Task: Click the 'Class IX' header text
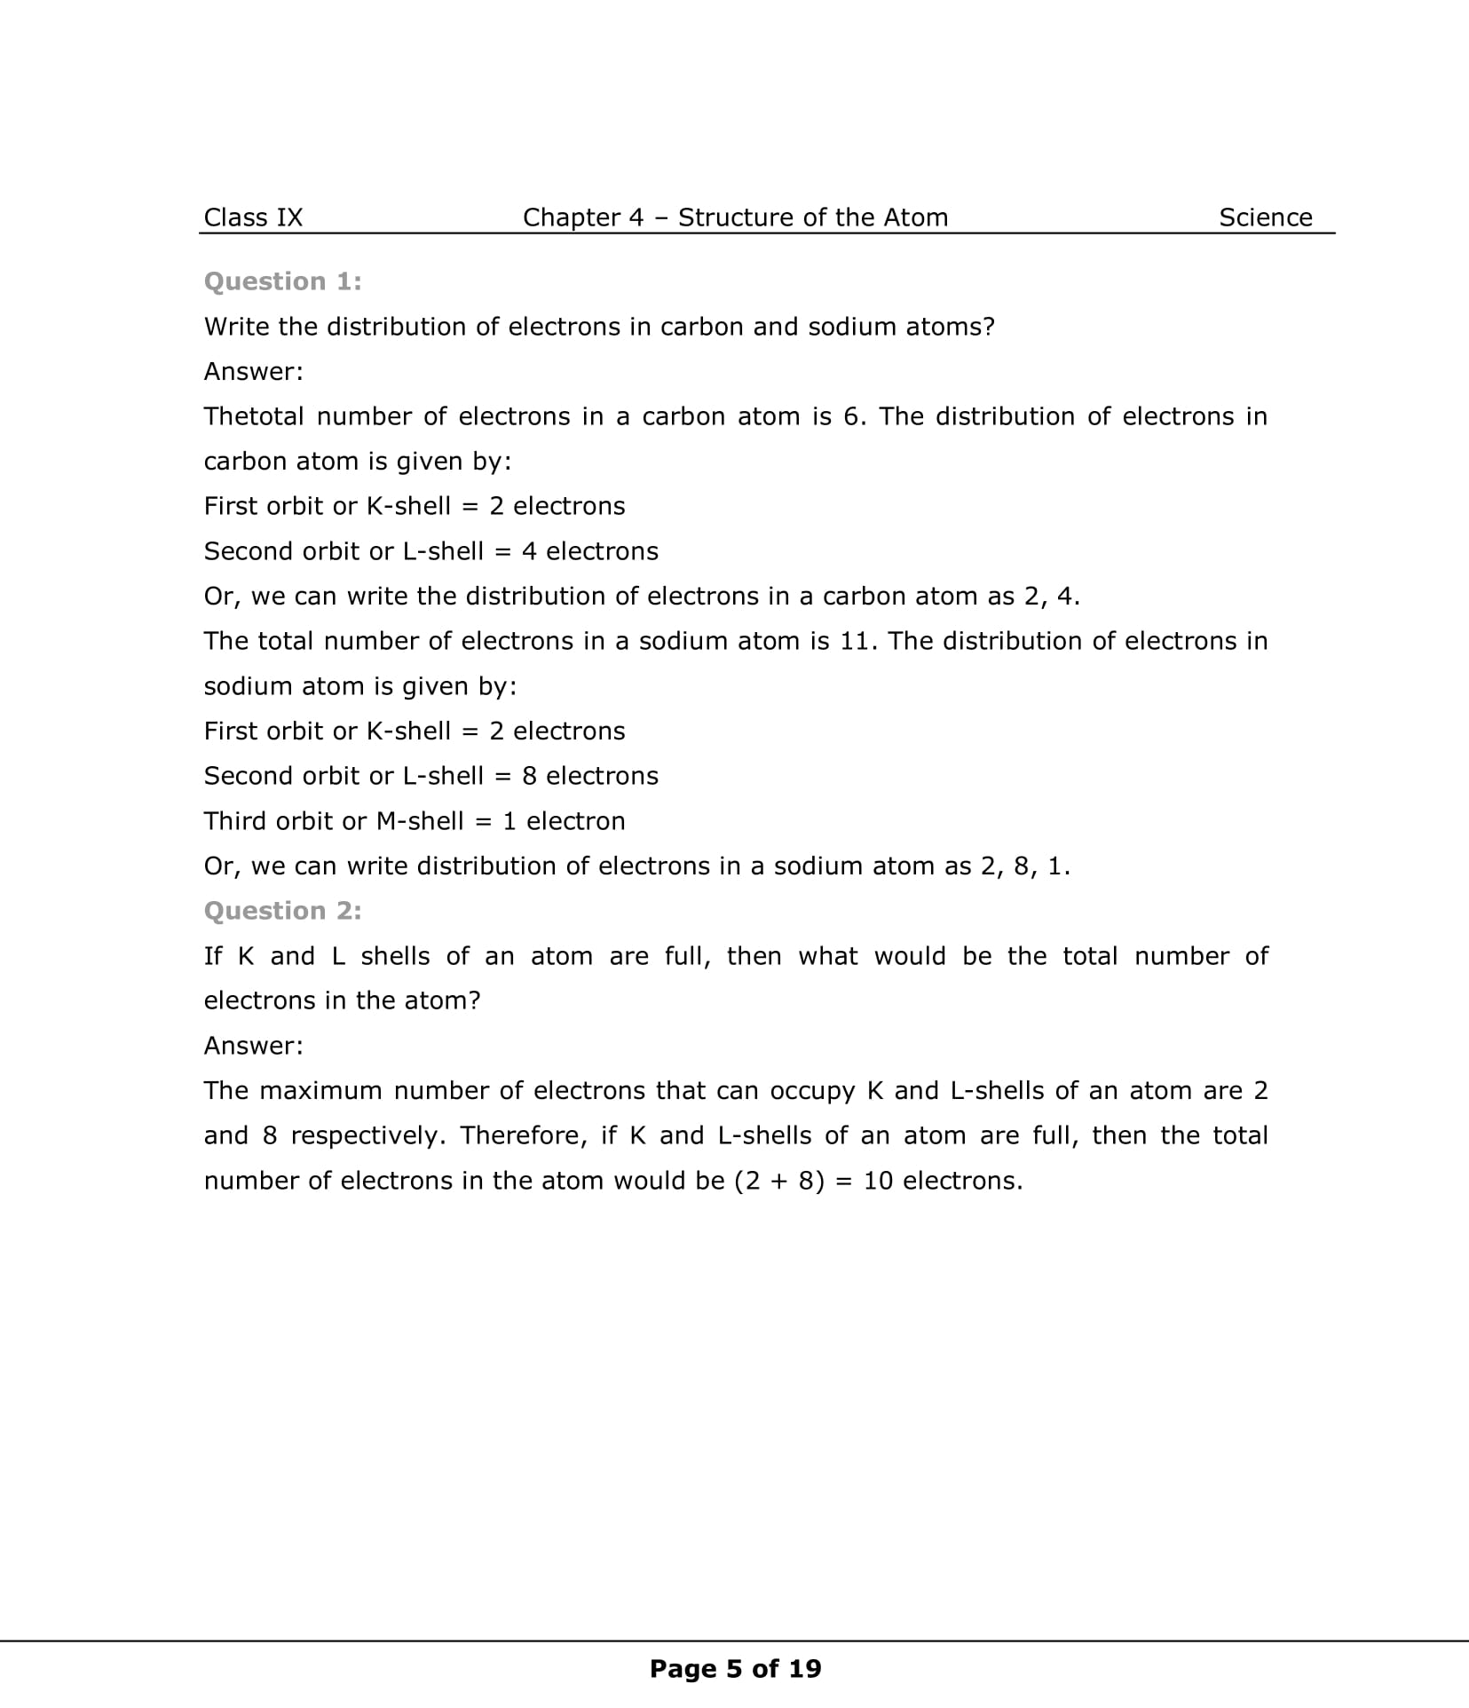(253, 217)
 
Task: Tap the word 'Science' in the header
(1265, 217)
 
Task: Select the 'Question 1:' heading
(282, 281)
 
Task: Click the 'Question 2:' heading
(282, 911)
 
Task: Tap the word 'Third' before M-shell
(235, 821)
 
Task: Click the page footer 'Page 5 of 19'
(735, 1669)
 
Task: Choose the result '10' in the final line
(877, 1181)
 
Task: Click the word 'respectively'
(367, 1136)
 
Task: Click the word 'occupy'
(813, 1091)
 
